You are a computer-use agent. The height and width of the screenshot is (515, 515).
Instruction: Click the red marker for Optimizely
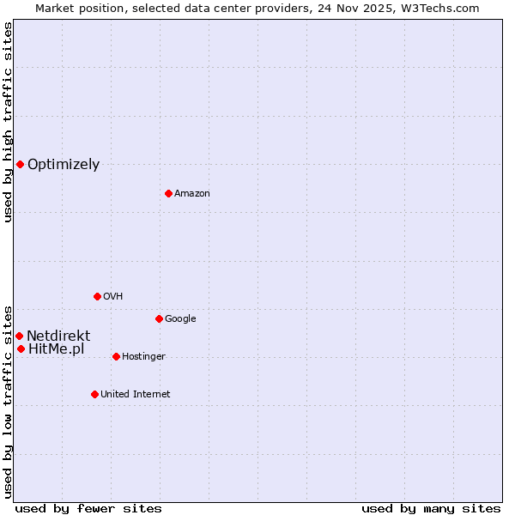pos(20,164)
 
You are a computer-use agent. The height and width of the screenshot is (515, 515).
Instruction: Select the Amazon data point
pos(168,193)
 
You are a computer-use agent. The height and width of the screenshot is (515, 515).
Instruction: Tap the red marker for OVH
pos(97,296)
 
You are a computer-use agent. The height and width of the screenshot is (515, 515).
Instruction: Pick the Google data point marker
pos(159,318)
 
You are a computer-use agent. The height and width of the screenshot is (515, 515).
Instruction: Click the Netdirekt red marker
pos(19,336)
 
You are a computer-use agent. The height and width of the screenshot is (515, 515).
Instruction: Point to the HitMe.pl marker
pos(21,348)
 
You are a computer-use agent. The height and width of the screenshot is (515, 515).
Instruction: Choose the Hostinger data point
pos(116,356)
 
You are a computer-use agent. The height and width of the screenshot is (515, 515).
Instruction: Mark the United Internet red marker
pos(94,394)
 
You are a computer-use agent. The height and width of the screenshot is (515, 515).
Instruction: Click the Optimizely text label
pos(64,165)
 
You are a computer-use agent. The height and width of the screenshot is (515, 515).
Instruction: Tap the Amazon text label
pos(192,194)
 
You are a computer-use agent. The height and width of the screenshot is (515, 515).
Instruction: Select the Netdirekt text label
pos(58,336)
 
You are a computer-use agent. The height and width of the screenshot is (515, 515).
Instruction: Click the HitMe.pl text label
pos(57,349)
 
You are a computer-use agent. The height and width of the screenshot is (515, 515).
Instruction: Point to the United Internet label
pos(136,395)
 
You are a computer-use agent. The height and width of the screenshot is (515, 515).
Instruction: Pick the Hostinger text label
pos(143,357)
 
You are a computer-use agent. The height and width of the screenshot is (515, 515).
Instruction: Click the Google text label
pos(180,319)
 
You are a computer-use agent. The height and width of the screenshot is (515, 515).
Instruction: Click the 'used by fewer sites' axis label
pos(88,508)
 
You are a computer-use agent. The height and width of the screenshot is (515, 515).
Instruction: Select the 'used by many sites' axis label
pos(431,508)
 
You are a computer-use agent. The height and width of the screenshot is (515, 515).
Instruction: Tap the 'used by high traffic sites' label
pos(9,122)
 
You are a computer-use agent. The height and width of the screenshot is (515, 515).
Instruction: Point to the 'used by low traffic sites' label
pos(9,401)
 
